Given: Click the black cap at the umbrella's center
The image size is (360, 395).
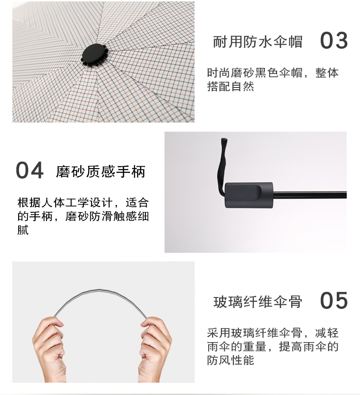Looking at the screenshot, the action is (x=94, y=56).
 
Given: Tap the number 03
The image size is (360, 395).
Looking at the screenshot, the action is (x=334, y=41).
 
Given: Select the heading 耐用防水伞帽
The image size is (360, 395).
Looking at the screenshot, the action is (x=258, y=42).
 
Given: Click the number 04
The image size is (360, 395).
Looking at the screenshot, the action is (x=30, y=170).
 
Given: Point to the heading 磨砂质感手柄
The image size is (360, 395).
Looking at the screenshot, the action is (x=101, y=172).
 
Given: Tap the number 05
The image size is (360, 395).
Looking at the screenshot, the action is (x=334, y=300).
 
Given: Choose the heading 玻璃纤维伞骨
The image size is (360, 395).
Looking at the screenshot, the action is (x=258, y=302).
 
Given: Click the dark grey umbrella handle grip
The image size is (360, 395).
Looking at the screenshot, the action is (x=249, y=195).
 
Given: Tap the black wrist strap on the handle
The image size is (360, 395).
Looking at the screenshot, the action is (x=221, y=166).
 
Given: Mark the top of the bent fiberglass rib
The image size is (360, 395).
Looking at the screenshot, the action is (x=99, y=290).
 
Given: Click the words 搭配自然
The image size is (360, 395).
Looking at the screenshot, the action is (x=231, y=87).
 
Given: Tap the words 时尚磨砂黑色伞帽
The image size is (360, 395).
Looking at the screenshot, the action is (x=255, y=73).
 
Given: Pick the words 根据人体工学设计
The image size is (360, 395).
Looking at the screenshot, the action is (x=65, y=203).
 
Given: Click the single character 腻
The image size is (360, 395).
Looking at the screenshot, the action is (x=23, y=230).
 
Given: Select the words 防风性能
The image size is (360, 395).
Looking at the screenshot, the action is (x=231, y=360).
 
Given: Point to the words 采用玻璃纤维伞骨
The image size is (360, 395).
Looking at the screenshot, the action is (x=255, y=333).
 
